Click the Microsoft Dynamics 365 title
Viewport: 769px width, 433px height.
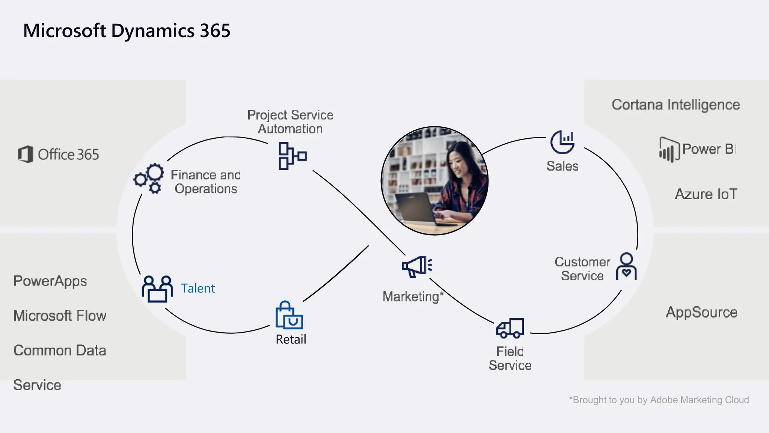point(127,31)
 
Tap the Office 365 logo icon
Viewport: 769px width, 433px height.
point(26,154)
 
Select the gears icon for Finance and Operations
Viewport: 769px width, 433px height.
point(149,179)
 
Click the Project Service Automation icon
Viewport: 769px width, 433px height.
point(292,156)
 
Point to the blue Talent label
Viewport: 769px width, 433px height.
point(198,288)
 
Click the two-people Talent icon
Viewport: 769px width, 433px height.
point(157,289)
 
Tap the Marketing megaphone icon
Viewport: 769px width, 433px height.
point(417,266)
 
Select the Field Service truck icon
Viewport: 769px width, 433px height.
point(510,328)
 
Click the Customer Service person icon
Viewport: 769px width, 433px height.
point(626,266)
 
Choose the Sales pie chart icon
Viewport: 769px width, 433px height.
point(562,142)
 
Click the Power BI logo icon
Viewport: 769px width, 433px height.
point(669,150)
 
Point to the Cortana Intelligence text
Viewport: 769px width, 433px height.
point(676,104)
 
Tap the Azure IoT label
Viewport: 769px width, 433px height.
point(706,194)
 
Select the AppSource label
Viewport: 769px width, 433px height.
point(701,312)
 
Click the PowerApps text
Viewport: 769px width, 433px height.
point(50,281)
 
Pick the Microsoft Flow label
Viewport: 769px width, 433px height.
point(60,316)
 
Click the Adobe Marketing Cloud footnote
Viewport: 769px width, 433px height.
point(659,400)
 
